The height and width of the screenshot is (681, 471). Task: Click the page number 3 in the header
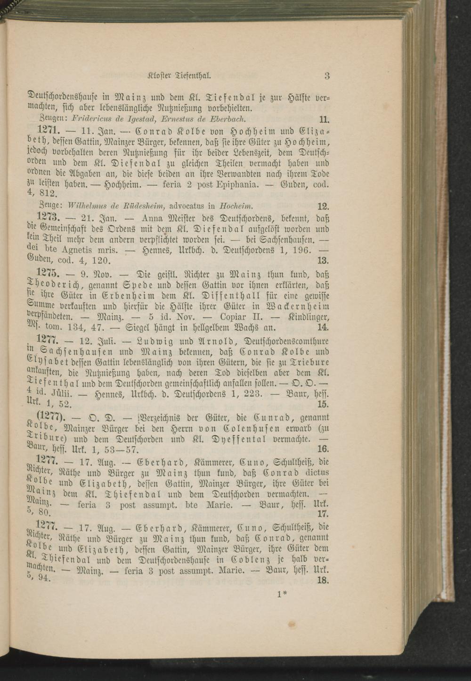(326, 75)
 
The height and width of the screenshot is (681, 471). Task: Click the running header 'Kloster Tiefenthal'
(179, 75)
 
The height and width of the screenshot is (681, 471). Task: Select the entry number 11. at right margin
(324, 119)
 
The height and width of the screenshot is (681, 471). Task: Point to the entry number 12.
(323, 206)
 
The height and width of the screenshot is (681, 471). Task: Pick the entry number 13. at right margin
(323, 260)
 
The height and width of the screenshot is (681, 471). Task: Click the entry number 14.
(323, 327)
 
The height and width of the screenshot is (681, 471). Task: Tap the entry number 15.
(323, 404)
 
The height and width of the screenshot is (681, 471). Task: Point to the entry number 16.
(323, 450)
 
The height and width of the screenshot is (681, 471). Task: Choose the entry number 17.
(323, 514)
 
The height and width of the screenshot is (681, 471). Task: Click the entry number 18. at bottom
(323, 581)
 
